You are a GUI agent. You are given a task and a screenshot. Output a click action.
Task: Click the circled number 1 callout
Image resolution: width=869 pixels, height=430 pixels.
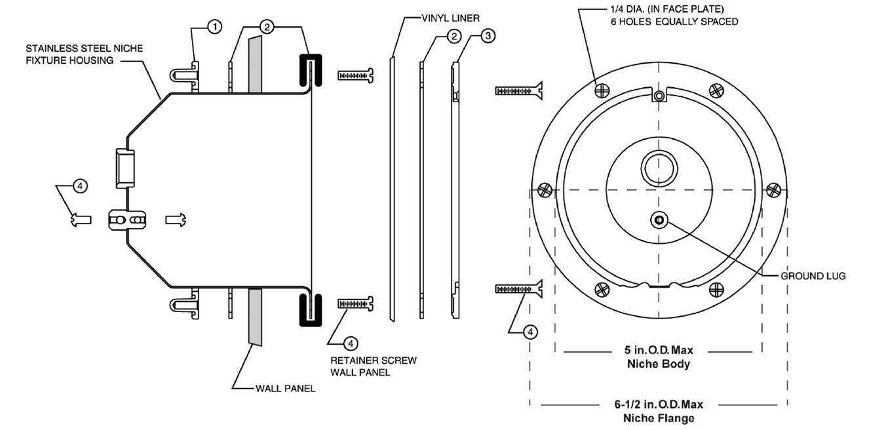[215, 27]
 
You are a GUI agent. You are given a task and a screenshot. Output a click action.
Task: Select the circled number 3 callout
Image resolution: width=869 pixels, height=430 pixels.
[487, 36]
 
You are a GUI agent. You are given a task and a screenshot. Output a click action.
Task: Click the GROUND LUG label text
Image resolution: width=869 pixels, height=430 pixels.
[813, 276]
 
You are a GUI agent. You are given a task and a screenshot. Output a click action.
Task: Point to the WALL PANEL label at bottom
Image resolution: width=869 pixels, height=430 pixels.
[285, 388]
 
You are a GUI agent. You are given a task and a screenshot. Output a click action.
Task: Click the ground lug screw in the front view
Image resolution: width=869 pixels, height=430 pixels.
[659, 221]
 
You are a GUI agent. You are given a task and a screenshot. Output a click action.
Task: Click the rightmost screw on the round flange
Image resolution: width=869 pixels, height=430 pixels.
[775, 189]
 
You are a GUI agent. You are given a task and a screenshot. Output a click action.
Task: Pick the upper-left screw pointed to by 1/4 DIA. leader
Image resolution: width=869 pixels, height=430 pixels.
[601, 90]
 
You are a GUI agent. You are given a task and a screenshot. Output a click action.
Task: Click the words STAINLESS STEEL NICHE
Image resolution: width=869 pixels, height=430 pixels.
[84, 49]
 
